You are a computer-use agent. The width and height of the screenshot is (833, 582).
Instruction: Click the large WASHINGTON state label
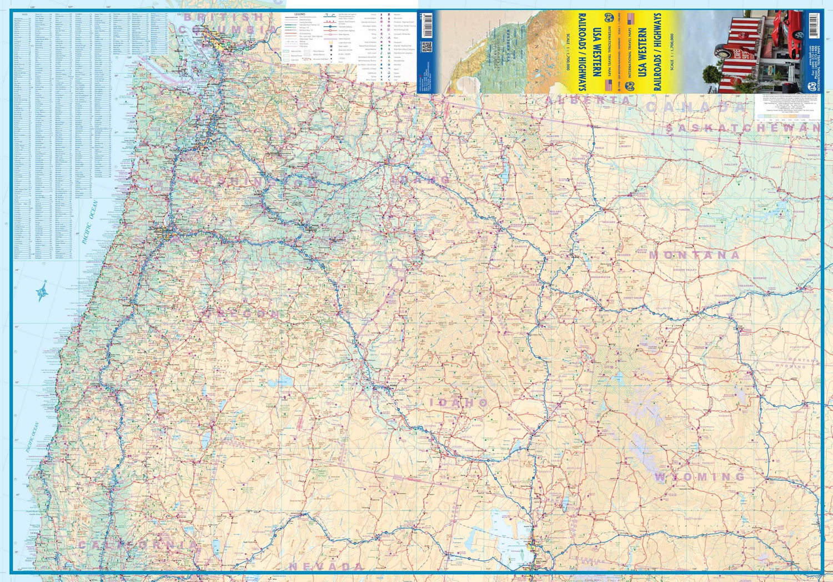[x=253, y=181]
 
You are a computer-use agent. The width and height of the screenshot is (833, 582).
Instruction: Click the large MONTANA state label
[x=694, y=255]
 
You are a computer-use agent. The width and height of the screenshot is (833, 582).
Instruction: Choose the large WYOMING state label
[x=700, y=477]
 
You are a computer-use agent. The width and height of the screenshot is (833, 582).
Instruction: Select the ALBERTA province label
[x=589, y=101]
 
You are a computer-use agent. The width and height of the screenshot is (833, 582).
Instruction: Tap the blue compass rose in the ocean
[x=42, y=291]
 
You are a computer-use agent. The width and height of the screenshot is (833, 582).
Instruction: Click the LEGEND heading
[x=299, y=14]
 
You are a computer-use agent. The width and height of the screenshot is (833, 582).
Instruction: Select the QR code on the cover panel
[x=426, y=47]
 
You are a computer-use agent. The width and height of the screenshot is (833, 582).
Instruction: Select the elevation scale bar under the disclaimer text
[x=789, y=118]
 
